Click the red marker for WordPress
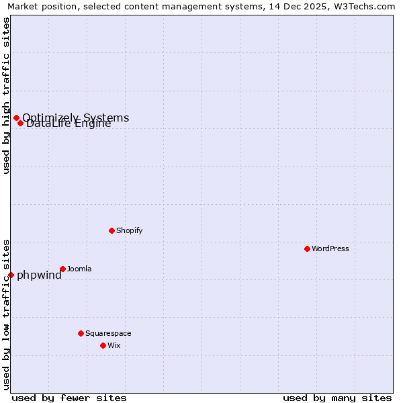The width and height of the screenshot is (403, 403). [307, 249]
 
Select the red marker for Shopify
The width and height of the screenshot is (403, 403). [111, 230]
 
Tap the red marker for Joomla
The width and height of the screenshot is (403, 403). [62, 269]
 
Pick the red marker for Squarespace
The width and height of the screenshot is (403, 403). [81, 333]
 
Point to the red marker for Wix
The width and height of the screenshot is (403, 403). [103, 345]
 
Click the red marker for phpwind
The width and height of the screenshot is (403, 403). [11, 275]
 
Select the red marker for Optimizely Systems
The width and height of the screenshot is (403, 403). [16, 118]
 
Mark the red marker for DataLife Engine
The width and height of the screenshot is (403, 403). [21, 123]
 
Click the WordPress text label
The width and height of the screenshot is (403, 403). [330, 249]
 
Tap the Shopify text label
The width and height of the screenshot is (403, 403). [130, 230]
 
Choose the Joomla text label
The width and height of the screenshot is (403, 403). [79, 269]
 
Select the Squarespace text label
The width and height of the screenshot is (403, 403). [108, 333]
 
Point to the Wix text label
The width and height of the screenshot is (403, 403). [114, 345]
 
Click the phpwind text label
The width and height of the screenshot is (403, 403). [39, 275]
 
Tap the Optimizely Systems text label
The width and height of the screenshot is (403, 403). [76, 118]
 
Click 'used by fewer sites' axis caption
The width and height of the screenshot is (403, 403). [69, 398]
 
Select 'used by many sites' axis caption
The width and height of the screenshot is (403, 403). [337, 398]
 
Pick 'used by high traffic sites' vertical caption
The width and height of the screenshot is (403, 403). [7, 95]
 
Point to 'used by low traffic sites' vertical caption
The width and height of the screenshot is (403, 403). [7, 314]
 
